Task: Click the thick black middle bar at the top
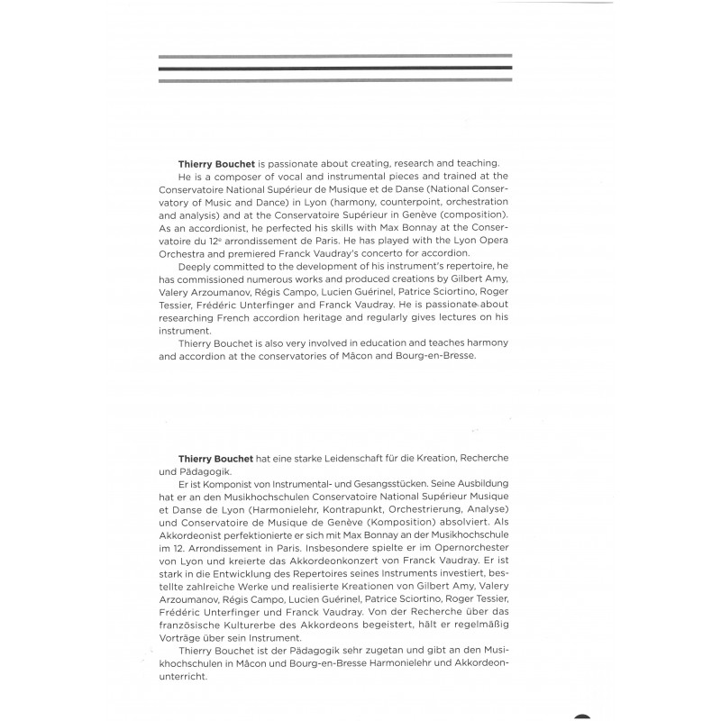coord(334,68)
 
